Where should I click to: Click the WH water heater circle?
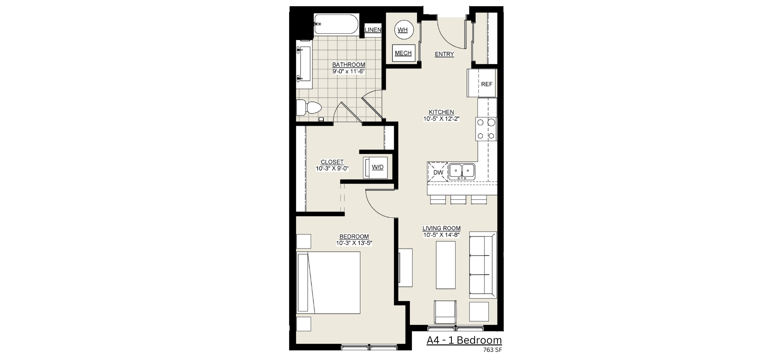403,30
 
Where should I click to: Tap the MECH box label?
403,53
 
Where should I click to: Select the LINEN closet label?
373,30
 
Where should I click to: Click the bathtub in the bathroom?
336,24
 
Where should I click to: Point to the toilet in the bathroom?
309,108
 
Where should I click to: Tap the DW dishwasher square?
438,172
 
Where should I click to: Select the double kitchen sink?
462,171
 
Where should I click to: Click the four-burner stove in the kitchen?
486,129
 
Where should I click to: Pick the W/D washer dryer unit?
374,167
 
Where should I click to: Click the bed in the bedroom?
329,283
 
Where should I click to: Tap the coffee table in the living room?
446,265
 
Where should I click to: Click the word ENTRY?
444,54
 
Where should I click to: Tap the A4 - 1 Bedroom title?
464,340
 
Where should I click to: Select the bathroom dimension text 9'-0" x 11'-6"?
348,71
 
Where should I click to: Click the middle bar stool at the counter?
458,199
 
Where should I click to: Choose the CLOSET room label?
332,162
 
